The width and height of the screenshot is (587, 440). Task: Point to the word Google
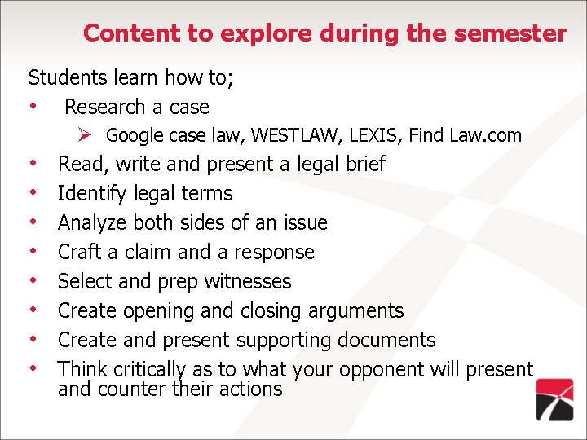(134, 135)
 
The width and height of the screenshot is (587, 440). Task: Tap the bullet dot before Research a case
(33, 107)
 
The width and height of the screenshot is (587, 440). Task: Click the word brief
(365, 164)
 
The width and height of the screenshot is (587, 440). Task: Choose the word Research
(104, 107)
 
